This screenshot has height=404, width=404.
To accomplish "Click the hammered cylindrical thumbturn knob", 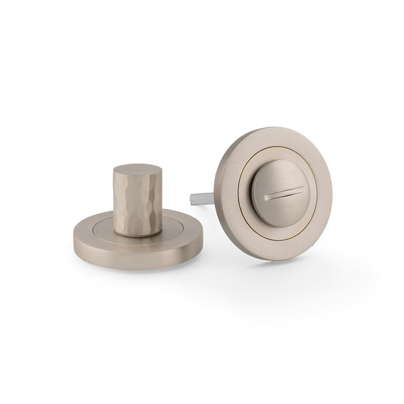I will (134, 199).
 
